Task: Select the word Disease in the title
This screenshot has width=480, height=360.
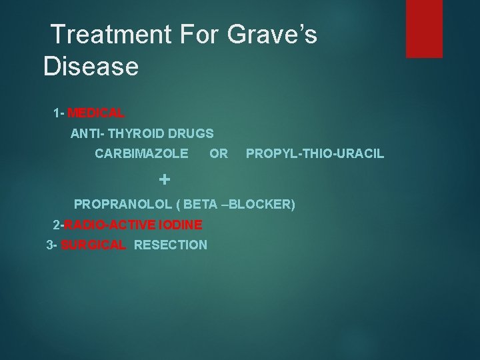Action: [x=91, y=67]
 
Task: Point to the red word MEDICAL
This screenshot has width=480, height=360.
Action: [x=95, y=113]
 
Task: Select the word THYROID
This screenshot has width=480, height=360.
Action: [x=142, y=133]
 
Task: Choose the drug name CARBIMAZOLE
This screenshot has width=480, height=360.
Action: [x=141, y=154]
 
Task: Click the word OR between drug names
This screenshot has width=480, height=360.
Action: [x=219, y=154]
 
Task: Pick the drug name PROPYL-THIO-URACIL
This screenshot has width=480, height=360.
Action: [x=315, y=154]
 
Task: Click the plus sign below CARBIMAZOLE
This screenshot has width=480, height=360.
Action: [x=165, y=179]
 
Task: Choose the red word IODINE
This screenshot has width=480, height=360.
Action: [x=179, y=225]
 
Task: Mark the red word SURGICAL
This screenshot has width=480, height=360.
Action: [x=93, y=245]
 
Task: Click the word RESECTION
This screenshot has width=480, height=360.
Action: [x=171, y=245]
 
